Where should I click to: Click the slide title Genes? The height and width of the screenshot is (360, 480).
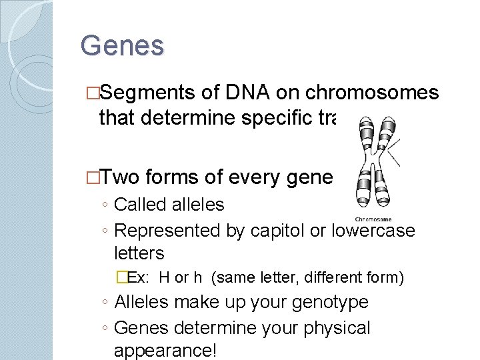[122, 46]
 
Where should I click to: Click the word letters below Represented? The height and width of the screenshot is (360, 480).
[139, 253]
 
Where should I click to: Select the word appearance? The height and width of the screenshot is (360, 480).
[165, 350]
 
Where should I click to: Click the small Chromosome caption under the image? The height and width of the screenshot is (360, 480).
[373, 219]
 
